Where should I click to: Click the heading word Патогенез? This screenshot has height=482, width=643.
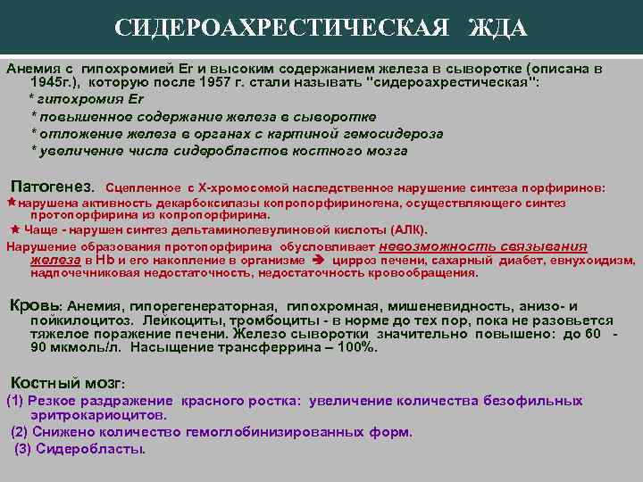point(51,187)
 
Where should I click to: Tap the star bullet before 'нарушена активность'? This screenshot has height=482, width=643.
point(12,203)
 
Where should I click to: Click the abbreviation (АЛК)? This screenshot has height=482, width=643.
point(405,229)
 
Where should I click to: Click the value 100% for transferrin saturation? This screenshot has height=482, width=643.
point(349,348)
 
